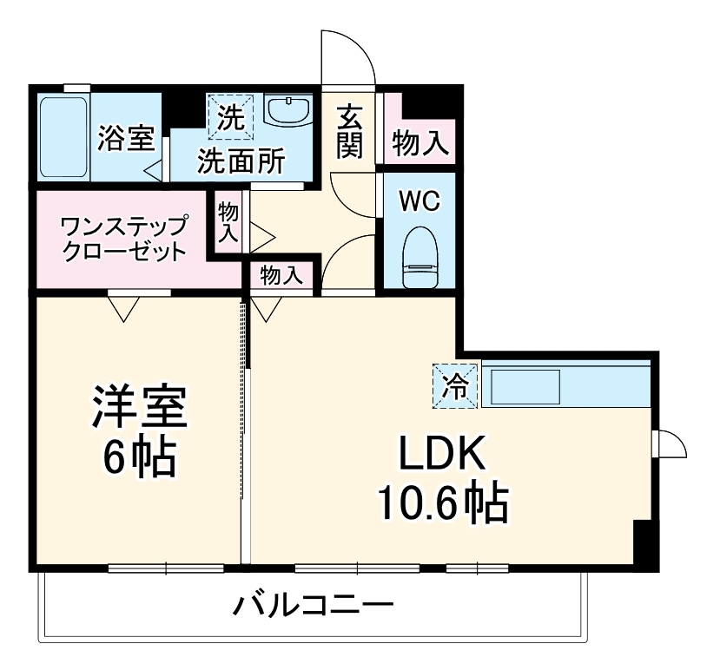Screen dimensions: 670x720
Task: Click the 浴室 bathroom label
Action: click(x=126, y=139)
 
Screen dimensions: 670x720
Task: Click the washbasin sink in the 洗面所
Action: click(x=287, y=112)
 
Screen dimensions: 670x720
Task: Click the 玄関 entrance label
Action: click(x=349, y=131)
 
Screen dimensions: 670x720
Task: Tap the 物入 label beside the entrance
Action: click(x=420, y=143)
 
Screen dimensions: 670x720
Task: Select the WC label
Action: click(x=419, y=201)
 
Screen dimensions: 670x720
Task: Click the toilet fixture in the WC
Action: click(x=420, y=257)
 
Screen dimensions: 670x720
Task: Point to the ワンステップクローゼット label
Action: click(x=123, y=240)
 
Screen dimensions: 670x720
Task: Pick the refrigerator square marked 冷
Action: click(x=455, y=384)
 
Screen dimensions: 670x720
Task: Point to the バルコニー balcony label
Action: click(x=312, y=604)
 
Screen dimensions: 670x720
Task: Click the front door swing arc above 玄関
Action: click(x=348, y=56)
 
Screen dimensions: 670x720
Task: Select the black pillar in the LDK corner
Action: click(x=644, y=542)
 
